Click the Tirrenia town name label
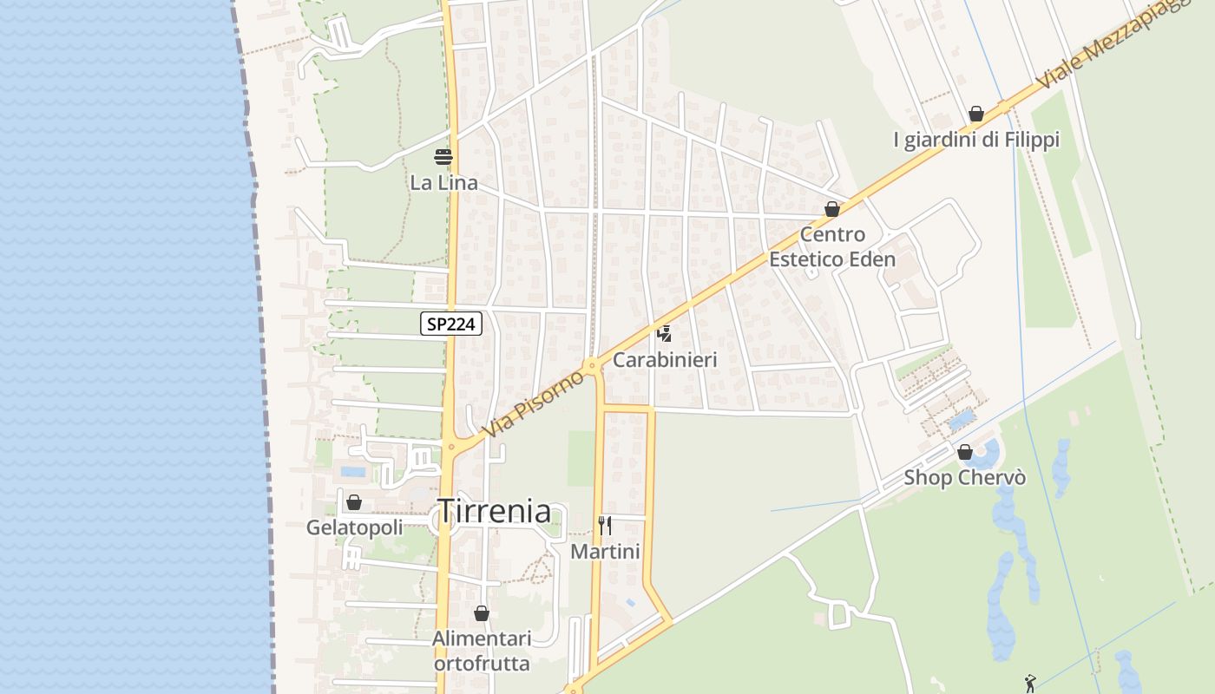coord(495,511)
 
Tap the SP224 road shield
coord(451,324)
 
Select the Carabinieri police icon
coord(665,334)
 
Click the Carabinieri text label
coord(665,359)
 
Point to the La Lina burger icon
coord(443,157)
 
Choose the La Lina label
coord(443,183)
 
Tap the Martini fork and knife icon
coord(605,525)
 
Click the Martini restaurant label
coord(605,552)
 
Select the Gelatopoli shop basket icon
coord(354,502)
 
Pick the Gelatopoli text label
coord(354,527)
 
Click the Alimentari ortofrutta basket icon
coord(482,614)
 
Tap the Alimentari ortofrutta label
coord(482,651)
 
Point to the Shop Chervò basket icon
coord(965,452)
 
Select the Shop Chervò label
coord(965,477)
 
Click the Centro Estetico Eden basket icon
coord(832,209)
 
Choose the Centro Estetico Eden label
coord(832,246)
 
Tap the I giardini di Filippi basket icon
coord(976,115)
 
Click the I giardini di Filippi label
coord(976,140)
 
